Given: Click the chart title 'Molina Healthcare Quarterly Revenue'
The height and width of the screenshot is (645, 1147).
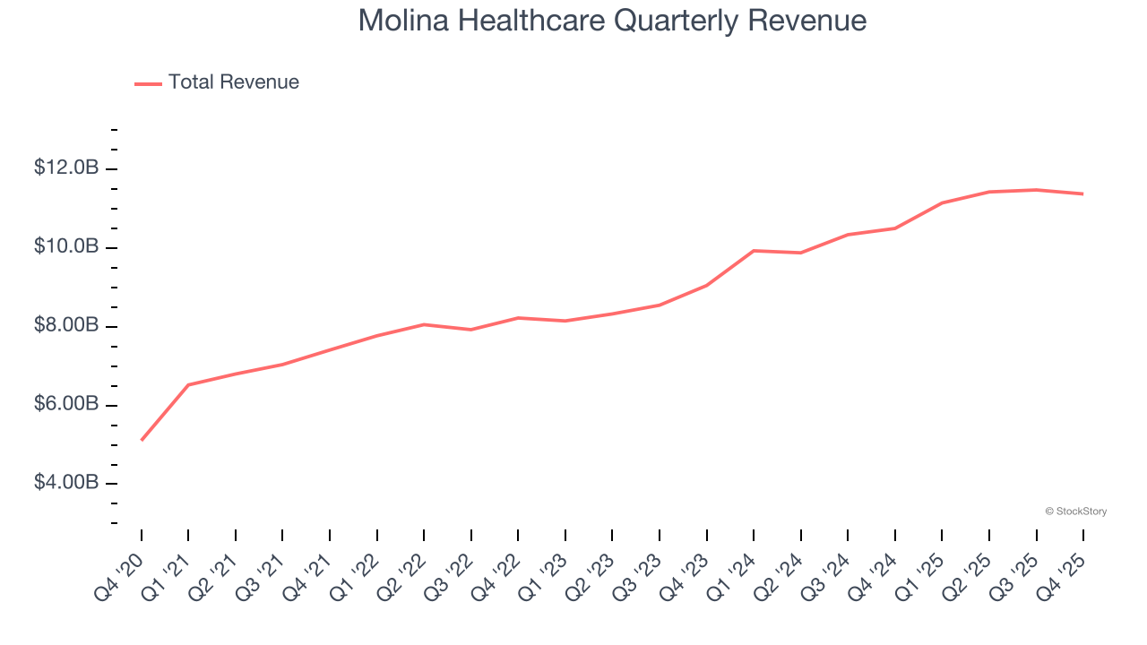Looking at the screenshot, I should pos(612,21).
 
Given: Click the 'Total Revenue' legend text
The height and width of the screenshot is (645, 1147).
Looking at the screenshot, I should pos(233,82).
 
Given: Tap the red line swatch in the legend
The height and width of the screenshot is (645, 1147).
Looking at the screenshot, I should pos(148,83).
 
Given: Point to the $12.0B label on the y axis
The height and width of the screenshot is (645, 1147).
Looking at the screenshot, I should pos(66,168).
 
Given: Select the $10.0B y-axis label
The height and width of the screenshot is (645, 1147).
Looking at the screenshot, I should pos(66,246).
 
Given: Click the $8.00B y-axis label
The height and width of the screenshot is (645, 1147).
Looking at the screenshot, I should pos(66,325).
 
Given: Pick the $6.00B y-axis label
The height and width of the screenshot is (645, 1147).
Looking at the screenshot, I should pos(66,404).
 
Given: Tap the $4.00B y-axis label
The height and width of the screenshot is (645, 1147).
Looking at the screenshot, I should pos(66,483).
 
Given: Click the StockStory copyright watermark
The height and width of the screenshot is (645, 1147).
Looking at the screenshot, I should pos(1075,512).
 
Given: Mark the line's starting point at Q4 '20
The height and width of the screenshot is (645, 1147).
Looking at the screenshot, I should pos(142,440).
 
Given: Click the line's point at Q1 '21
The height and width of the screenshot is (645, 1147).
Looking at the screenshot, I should pos(188,384).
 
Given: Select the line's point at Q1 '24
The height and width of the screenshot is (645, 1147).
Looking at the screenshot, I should pos(754,251).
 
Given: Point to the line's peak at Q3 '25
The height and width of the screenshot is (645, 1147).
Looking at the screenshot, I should pos(1036,190).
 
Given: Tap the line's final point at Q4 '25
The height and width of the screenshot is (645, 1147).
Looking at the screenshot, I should pos(1082,193).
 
